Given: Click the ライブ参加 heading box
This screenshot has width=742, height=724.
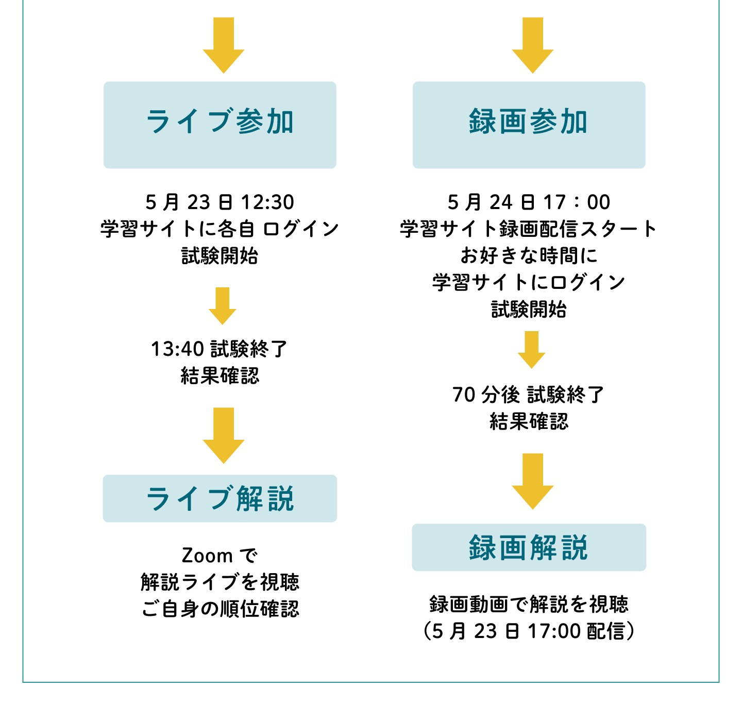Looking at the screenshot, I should pos(220,125).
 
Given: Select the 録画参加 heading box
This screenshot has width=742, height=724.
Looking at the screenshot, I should pos(529,125).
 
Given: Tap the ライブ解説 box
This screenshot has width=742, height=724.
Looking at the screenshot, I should pos(220,498).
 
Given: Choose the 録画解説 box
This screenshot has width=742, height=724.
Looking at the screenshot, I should pos(529,547).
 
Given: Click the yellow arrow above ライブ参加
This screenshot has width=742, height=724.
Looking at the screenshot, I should pos(224,45).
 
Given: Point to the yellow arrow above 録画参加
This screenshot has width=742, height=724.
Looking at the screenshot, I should pos(533,45).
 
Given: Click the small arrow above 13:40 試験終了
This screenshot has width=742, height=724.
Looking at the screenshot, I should pos(223,306).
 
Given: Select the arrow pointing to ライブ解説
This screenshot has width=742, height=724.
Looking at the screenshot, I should pos(224,435).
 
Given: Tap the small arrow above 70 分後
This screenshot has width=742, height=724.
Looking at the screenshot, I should pos(531,350).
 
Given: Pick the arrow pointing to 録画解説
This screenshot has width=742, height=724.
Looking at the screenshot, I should pos(533,481).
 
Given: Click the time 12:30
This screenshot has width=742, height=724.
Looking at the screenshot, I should pos(267,202).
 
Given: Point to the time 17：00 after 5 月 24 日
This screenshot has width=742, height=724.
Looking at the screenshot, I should pos(577,202).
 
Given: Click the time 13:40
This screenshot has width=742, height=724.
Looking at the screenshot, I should pos(178,349).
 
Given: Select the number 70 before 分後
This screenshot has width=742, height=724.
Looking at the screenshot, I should pos(464,395).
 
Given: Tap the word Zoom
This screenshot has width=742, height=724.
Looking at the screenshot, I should pos(207,556).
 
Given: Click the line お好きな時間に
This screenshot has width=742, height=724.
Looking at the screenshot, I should pos(529,255).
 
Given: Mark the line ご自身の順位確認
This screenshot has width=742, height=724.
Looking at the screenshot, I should pos(220,609).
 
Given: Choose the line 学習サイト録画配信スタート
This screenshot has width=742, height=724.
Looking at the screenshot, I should pos(529,229).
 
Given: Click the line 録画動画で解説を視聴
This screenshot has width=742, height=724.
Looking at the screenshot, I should pos(529,604).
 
